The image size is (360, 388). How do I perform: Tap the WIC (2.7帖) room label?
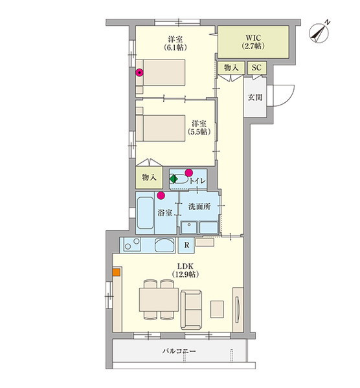coord(253,42)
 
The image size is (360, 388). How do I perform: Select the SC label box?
coord(256,67)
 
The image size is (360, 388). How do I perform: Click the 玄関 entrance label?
coord(254,98)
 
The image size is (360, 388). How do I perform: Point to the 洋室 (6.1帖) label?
coord(175,42)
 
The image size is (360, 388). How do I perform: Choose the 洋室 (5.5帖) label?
coord(198,127)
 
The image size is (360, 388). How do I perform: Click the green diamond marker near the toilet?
coord(174,179)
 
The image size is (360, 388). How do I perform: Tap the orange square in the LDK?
coord(116,272)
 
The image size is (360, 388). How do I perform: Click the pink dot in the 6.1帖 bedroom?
coord(139,73)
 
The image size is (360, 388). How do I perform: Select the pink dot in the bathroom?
coord(161,194)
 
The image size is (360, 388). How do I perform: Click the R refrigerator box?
coord(186,245)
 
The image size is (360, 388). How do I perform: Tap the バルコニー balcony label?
coord(178,352)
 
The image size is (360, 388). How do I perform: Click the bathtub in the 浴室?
coord(146,215)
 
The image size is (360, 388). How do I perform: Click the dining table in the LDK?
coord(159,299)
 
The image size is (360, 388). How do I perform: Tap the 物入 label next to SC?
coord(231,67)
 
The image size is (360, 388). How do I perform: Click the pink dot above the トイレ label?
coord(189,172)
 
